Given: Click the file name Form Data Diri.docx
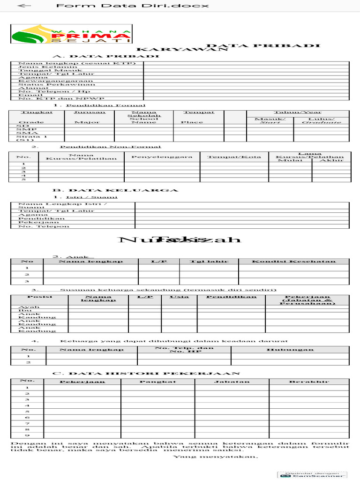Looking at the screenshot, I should pos(132,6).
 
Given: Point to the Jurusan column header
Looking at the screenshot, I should pos(87,112).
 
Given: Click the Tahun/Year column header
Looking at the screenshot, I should pos(298,112).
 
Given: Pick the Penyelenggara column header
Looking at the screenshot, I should pos(162,157).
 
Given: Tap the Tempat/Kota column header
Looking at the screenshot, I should pos(234,157).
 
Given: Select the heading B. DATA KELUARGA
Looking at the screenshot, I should pos(115,190).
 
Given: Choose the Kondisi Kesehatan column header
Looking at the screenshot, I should pos(293,261).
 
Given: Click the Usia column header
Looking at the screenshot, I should pos(179,297).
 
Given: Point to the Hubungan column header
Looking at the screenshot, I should pos(290,350).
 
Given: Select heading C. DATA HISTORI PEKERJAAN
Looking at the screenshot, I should pos(146,373).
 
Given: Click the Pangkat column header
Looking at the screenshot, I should pos(157,382).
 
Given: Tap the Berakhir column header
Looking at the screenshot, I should pos(309,382).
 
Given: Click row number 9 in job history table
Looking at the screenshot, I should pos(27,435).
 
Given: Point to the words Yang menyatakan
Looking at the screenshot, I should pos(216,456).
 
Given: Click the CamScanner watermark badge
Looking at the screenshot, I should pos(312,474).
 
